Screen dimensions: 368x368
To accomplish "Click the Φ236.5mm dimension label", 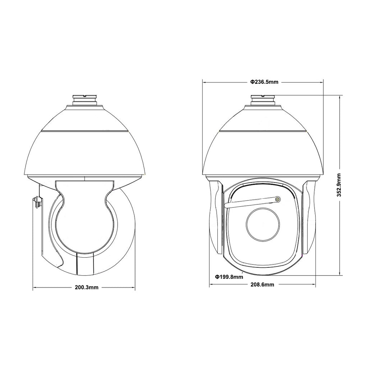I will click(x=264, y=82).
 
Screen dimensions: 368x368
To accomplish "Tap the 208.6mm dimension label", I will click(x=262, y=285).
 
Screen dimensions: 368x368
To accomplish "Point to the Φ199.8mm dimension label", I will click(x=229, y=277).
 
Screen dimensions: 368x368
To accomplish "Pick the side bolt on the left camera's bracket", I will click(x=36, y=202).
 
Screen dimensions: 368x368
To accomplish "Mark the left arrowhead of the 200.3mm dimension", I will click(x=34, y=287).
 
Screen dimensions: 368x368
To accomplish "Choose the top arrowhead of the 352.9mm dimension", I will click(x=340, y=96).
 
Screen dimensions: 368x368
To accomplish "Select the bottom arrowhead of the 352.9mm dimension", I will click(x=340, y=275).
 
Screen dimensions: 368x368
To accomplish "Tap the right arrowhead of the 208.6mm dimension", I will click(x=314, y=284).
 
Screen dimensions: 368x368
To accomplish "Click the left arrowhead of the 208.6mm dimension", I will click(x=211, y=284).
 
